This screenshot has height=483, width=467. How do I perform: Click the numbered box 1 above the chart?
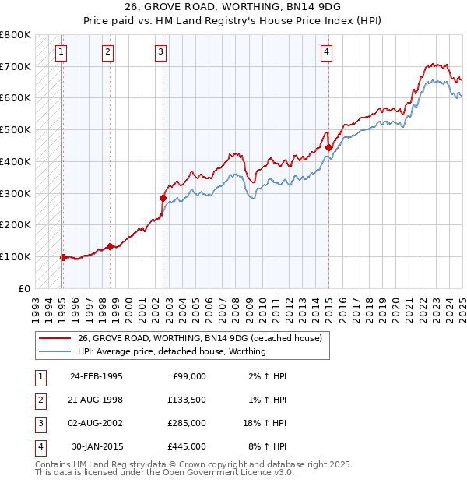(x=61, y=52)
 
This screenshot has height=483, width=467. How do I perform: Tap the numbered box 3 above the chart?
(x=160, y=52)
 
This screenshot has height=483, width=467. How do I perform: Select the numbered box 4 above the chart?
(x=327, y=52)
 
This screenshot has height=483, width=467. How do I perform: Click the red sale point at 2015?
(x=328, y=146)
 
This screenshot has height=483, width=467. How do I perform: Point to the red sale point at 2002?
(x=163, y=198)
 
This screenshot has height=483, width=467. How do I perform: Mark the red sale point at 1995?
(x=63, y=256)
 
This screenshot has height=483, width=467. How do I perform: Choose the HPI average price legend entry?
(x=172, y=351)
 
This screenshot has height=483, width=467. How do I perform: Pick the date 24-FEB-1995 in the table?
(x=96, y=376)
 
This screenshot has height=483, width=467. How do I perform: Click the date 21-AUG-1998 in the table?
(x=96, y=400)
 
